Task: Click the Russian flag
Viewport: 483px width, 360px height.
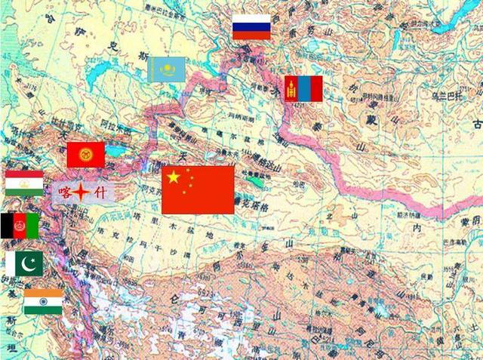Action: [x=251, y=26]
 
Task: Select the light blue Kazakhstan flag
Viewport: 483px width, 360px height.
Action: [x=167, y=69]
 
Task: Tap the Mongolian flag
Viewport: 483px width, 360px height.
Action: [x=303, y=88]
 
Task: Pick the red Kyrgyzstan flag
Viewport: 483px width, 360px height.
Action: [x=85, y=155]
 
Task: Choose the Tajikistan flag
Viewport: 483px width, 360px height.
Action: [x=24, y=183]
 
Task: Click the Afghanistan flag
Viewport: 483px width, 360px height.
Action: [x=20, y=225]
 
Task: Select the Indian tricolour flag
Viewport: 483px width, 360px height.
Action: [x=43, y=301]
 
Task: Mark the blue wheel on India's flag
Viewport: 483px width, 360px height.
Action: [x=43, y=301]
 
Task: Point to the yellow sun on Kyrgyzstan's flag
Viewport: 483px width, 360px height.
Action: [x=85, y=155]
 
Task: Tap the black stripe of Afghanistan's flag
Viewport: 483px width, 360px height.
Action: [x=6, y=225]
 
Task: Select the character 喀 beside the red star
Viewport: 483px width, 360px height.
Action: [x=66, y=193]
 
